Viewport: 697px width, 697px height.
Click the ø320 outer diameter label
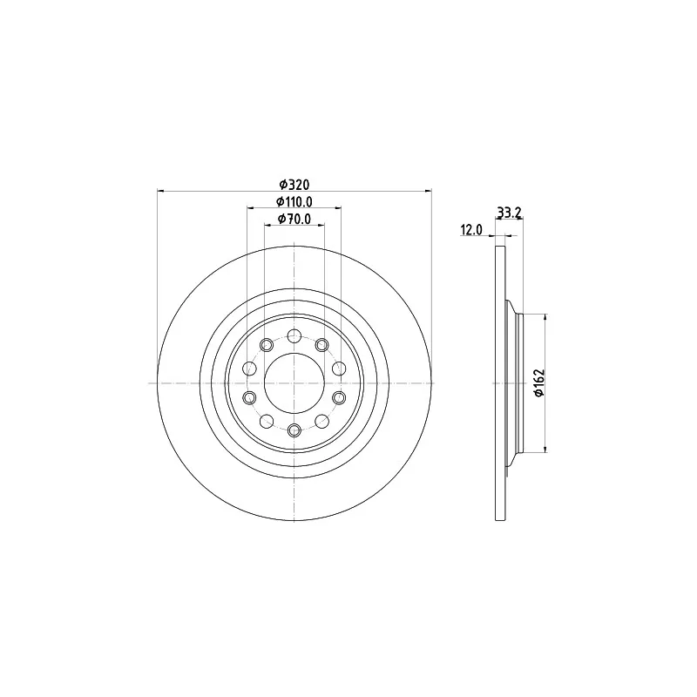coord(294,184)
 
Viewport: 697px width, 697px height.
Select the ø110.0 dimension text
coord(294,202)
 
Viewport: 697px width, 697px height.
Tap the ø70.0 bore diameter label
coord(294,220)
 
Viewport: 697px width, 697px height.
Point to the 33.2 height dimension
coord(509,213)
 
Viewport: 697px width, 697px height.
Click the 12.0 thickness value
coord(471,230)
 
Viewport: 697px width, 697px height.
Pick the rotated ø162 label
coord(538,383)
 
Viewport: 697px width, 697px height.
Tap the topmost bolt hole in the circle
coord(294,335)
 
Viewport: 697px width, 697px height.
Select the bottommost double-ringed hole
coord(294,430)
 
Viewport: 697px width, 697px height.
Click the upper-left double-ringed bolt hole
coord(267,344)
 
